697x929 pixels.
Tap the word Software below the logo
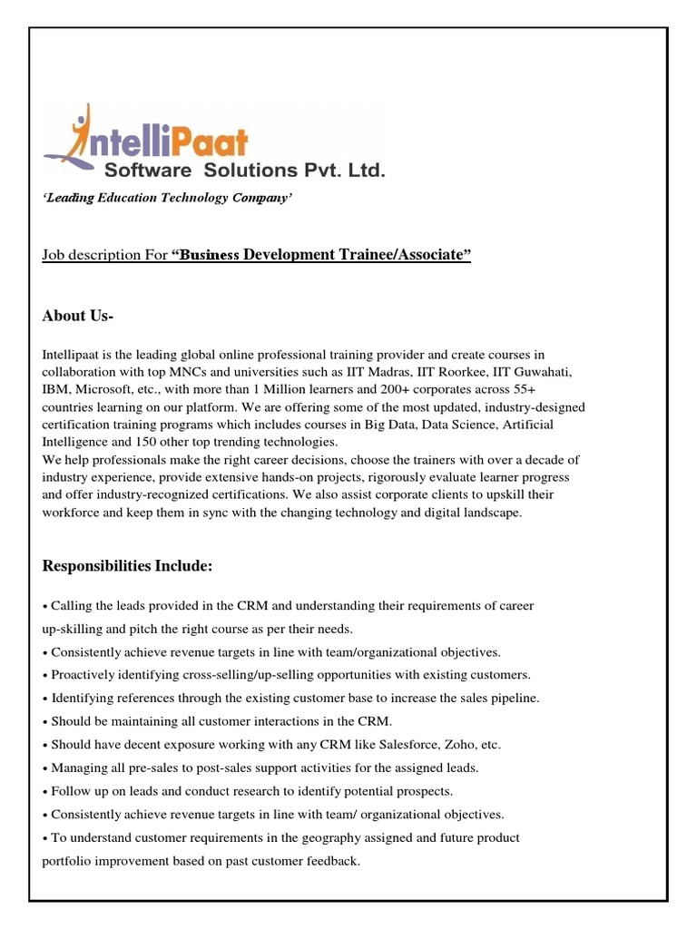click(x=147, y=170)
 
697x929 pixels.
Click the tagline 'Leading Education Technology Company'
click(x=167, y=198)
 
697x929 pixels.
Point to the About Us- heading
click(x=77, y=316)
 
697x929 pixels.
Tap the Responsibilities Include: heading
click(x=127, y=566)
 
